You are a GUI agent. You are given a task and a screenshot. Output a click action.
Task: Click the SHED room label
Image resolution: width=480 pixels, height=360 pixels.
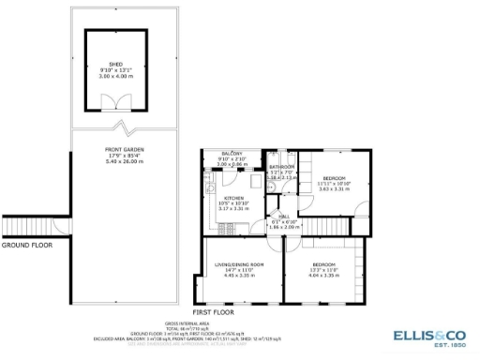tap(116, 65)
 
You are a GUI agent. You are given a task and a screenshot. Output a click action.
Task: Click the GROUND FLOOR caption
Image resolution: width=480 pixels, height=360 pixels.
tap(26, 245)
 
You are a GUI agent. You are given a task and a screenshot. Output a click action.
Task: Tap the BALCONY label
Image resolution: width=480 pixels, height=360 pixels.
tap(232, 153)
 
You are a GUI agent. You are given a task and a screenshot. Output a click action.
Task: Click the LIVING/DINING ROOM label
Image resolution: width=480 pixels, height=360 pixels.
tap(240, 265)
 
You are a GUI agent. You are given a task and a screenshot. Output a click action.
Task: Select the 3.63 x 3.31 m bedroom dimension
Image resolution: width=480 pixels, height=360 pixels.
tap(335, 189)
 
